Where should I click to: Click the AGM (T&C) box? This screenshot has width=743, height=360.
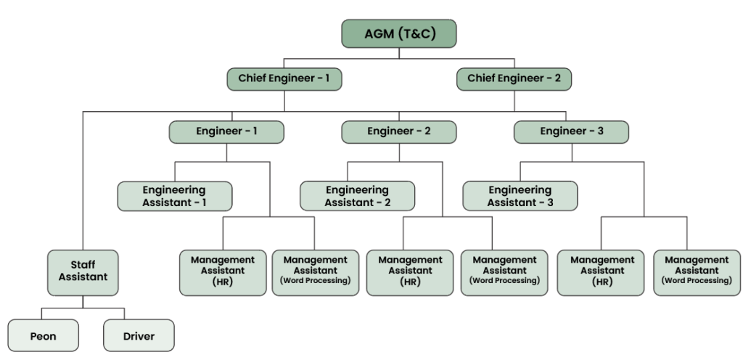point(399,34)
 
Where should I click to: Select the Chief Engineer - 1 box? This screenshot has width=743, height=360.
point(284,78)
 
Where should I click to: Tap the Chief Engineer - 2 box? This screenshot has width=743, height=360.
point(514,78)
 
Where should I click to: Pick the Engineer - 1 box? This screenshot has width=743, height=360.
point(226,131)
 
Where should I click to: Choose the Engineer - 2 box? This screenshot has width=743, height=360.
point(399,131)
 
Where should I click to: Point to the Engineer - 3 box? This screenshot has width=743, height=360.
point(571,131)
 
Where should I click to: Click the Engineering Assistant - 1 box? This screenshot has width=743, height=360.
point(175,196)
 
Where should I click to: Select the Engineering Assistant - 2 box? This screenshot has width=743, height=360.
point(358,196)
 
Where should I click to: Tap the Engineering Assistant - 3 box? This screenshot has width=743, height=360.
point(520,196)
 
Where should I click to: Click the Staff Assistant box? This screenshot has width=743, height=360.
point(83,272)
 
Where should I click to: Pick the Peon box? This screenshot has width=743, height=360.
point(43,336)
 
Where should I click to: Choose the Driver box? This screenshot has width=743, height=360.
point(139,336)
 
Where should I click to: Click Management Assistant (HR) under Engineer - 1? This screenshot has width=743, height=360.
point(223,272)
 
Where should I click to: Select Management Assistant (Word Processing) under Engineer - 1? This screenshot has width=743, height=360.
point(315,272)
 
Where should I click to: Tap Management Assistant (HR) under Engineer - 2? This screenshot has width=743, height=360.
point(410,272)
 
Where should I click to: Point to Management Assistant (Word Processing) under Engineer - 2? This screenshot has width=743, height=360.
point(504,272)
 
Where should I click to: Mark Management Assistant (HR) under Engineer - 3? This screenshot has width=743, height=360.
point(602,272)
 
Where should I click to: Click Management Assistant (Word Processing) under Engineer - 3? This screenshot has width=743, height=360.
point(697,272)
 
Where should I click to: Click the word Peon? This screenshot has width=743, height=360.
point(43,337)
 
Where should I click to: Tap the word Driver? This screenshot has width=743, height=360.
point(139,337)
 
